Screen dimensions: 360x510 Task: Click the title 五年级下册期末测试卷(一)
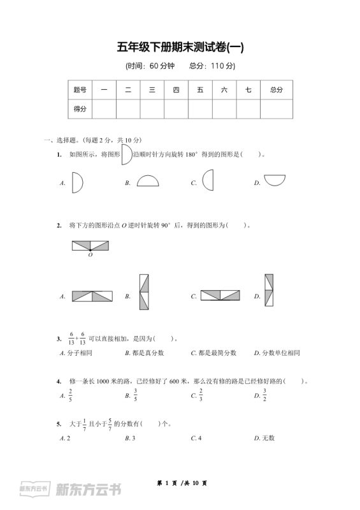[180, 47]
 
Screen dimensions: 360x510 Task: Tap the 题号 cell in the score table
[80, 90]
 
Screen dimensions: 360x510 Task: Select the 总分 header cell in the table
[277, 90]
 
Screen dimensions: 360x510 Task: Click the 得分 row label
[80, 109]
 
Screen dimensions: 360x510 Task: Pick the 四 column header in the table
[176, 90]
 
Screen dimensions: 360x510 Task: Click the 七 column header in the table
[248, 90]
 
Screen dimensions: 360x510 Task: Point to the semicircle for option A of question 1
[77, 183]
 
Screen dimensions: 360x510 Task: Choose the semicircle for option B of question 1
[148, 181]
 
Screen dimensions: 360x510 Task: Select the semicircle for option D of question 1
[275, 180]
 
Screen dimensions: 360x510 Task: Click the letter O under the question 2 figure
[90, 255]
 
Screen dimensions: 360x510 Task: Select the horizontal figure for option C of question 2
[220, 295]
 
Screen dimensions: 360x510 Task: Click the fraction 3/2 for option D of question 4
[264, 395]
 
